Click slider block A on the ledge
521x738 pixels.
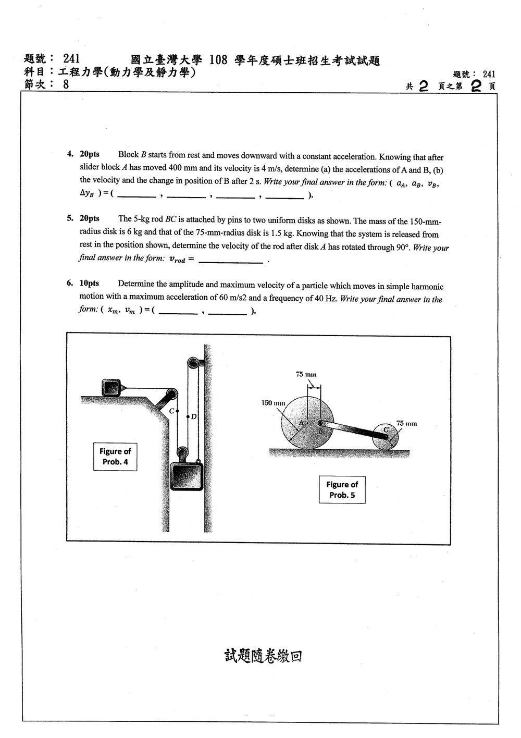point(111,387)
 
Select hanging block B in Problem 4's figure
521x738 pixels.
point(187,476)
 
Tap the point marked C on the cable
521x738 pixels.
point(178,411)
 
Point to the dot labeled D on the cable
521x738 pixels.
point(188,417)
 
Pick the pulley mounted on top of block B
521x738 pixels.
point(182,452)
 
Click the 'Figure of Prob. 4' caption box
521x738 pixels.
point(115,457)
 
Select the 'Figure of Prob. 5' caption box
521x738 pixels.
point(342,489)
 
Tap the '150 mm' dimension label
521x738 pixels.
point(273,403)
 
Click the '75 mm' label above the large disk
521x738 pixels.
point(306,374)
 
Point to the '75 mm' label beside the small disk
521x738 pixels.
point(406,423)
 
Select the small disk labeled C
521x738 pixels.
point(386,437)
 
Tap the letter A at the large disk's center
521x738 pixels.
point(301,422)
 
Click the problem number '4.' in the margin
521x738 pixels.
point(70,154)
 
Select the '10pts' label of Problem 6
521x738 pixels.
point(89,283)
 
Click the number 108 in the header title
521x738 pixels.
point(218,60)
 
